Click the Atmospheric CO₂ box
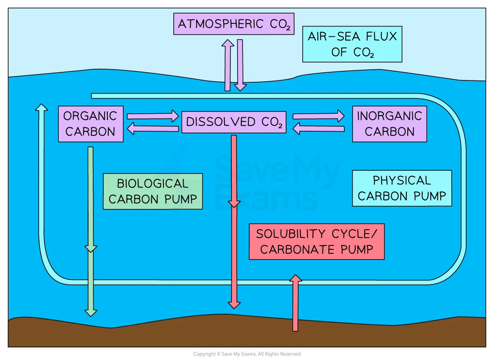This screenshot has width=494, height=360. pyautogui.click(x=234, y=24)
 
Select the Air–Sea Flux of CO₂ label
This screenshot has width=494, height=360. pyautogui.click(x=352, y=44)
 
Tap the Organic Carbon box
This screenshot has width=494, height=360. pyautogui.click(x=91, y=124)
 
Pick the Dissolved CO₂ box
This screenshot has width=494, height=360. pyautogui.click(x=234, y=122)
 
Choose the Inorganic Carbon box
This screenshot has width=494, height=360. pyautogui.click(x=389, y=124)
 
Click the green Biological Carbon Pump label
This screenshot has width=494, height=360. pyautogui.click(x=153, y=191)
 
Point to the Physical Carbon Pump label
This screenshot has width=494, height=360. pyautogui.click(x=401, y=188)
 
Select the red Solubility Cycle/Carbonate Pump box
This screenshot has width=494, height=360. pyautogui.click(x=317, y=241)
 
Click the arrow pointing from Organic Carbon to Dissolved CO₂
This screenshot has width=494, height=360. pyautogui.click(x=153, y=116)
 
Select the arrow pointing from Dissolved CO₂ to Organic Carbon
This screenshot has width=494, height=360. pyautogui.click(x=153, y=129)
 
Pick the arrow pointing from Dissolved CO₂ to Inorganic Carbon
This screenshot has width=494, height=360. pyautogui.click(x=318, y=116)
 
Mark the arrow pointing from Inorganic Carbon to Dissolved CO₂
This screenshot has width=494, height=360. pyautogui.click(x=318, y=129)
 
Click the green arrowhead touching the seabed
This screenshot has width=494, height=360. pyautogui.click(x=91, y=311)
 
